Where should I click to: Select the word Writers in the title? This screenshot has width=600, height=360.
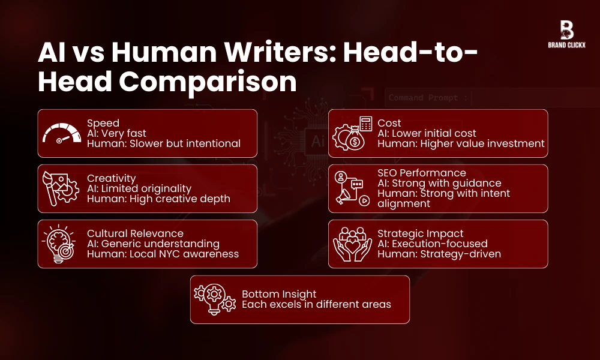click(x=266, y=53)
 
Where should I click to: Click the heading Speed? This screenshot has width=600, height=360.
click(x=103, y=123)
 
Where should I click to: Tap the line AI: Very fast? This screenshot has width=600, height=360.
click(x=116, y=133)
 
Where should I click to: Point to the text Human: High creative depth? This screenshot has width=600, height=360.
click(x=158, y=199)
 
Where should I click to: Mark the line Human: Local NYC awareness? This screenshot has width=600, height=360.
click(x=163, y=254)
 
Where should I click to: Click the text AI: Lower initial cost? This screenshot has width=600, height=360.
click(x=427, y=133)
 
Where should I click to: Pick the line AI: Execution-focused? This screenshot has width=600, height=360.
click(x=432, y=244)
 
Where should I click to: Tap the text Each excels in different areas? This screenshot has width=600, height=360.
click(x=316, y=304)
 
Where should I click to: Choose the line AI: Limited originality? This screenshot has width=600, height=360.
click(x=139, y=188)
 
